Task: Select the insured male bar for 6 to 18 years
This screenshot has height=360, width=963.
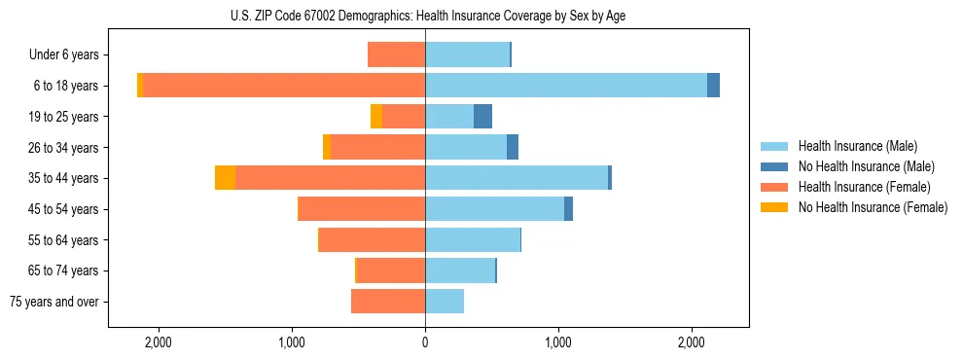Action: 565,86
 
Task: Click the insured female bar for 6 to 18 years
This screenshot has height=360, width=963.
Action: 284,86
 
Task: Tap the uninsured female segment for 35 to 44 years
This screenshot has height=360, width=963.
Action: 225,178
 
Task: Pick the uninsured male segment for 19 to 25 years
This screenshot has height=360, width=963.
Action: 482,117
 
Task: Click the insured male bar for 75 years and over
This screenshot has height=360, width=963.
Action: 445,302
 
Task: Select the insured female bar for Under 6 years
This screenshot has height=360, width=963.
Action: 396,54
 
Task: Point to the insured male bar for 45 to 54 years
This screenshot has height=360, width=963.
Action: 494,209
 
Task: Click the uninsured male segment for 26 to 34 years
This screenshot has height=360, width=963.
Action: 513,147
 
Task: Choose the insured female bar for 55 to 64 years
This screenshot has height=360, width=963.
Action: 372,240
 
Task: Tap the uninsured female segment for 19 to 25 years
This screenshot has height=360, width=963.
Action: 376,117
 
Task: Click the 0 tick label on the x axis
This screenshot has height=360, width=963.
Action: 425,342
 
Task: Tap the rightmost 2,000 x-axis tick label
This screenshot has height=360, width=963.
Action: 691,342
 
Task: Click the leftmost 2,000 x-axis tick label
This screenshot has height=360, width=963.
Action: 158,342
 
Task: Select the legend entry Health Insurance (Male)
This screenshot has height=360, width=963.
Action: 857,146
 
